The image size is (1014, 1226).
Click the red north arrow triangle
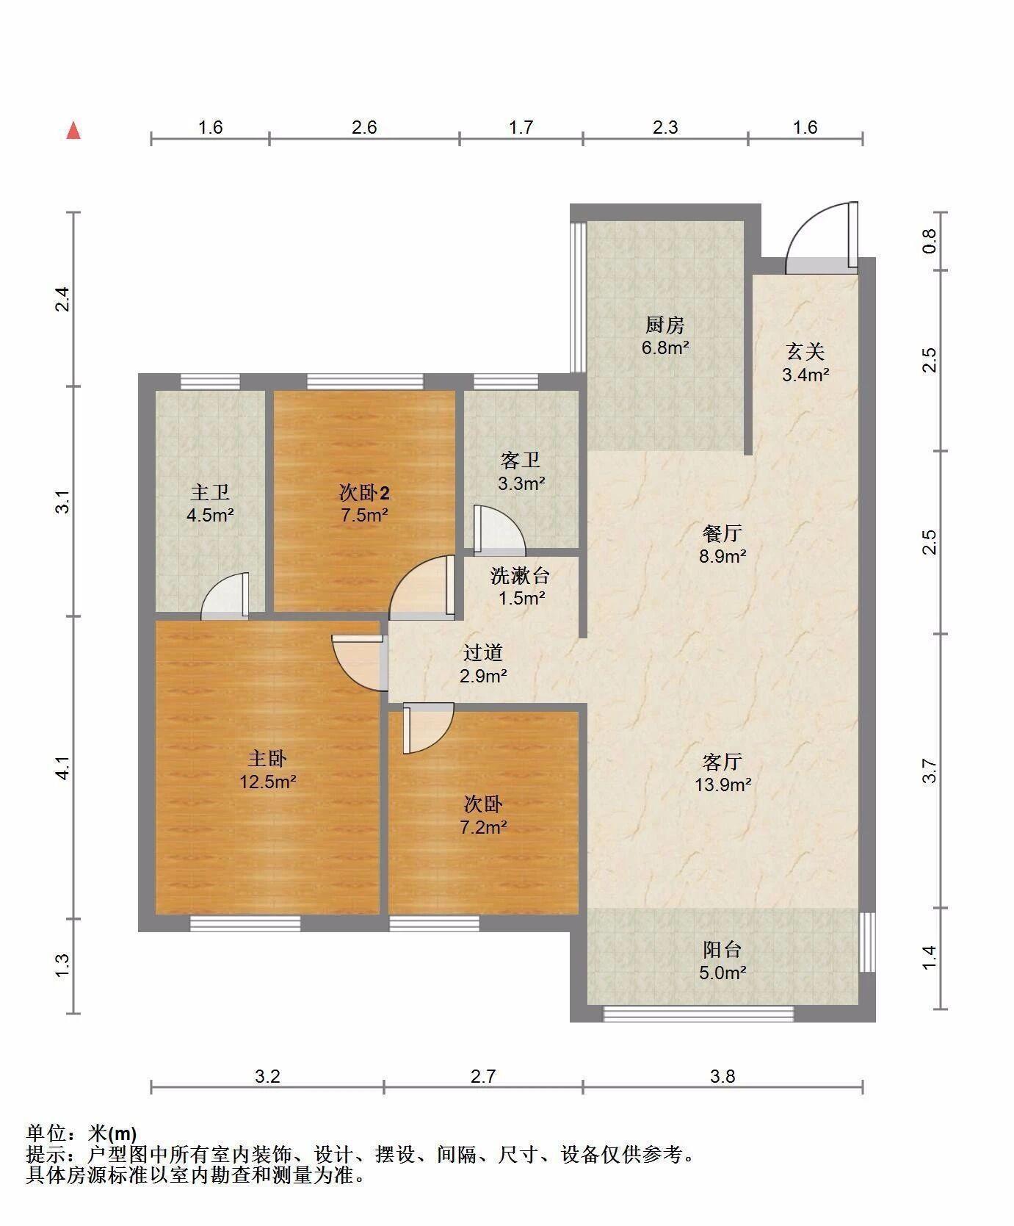(x=73, y=131)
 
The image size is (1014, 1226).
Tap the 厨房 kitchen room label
(x=665, y=324)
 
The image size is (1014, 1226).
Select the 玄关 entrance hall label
(x=805, y=351)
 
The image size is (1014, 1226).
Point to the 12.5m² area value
(x=268, y=782)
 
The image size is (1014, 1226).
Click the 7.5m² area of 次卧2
(x=364, y=515)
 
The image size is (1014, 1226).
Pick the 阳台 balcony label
(x=723, y=949)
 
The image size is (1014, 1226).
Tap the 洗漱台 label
(x=521, y=575)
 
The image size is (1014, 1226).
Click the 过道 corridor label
(x=483, y=652)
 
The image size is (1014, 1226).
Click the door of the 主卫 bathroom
(x=225, y=594)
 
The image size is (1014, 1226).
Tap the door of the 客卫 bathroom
(x=499, y=529)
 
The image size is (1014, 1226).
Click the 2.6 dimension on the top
(x=364, y=127)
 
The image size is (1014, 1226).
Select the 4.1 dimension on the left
(x=63, y=768)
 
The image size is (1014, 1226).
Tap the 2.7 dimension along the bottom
(x=483, y=1076)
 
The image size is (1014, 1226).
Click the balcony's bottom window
(x=698, y=1014)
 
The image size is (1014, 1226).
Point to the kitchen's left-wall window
(x=578, y=297)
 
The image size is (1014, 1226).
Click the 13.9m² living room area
(x=723, y=785)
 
